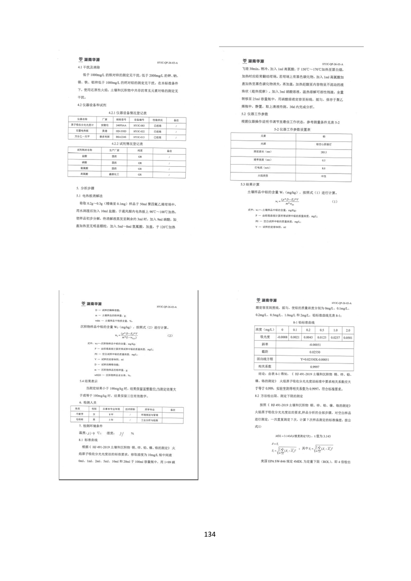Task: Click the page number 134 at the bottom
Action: tap(209, 534)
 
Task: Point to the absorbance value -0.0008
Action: tap(283, 337)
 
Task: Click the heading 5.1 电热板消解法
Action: tap(93, 196)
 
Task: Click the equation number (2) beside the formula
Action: tap(169, 336)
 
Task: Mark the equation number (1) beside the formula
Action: tap(334, 201)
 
